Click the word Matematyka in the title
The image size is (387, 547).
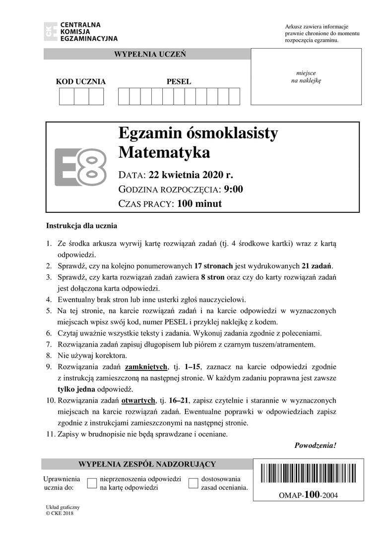tap(164, 152)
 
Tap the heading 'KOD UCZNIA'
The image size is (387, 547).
tap(81, 81)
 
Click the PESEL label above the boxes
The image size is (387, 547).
tap(179, 81)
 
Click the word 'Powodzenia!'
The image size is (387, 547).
tap(315, 445)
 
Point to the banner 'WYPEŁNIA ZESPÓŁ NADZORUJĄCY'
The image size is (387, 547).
tap(147, 464)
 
